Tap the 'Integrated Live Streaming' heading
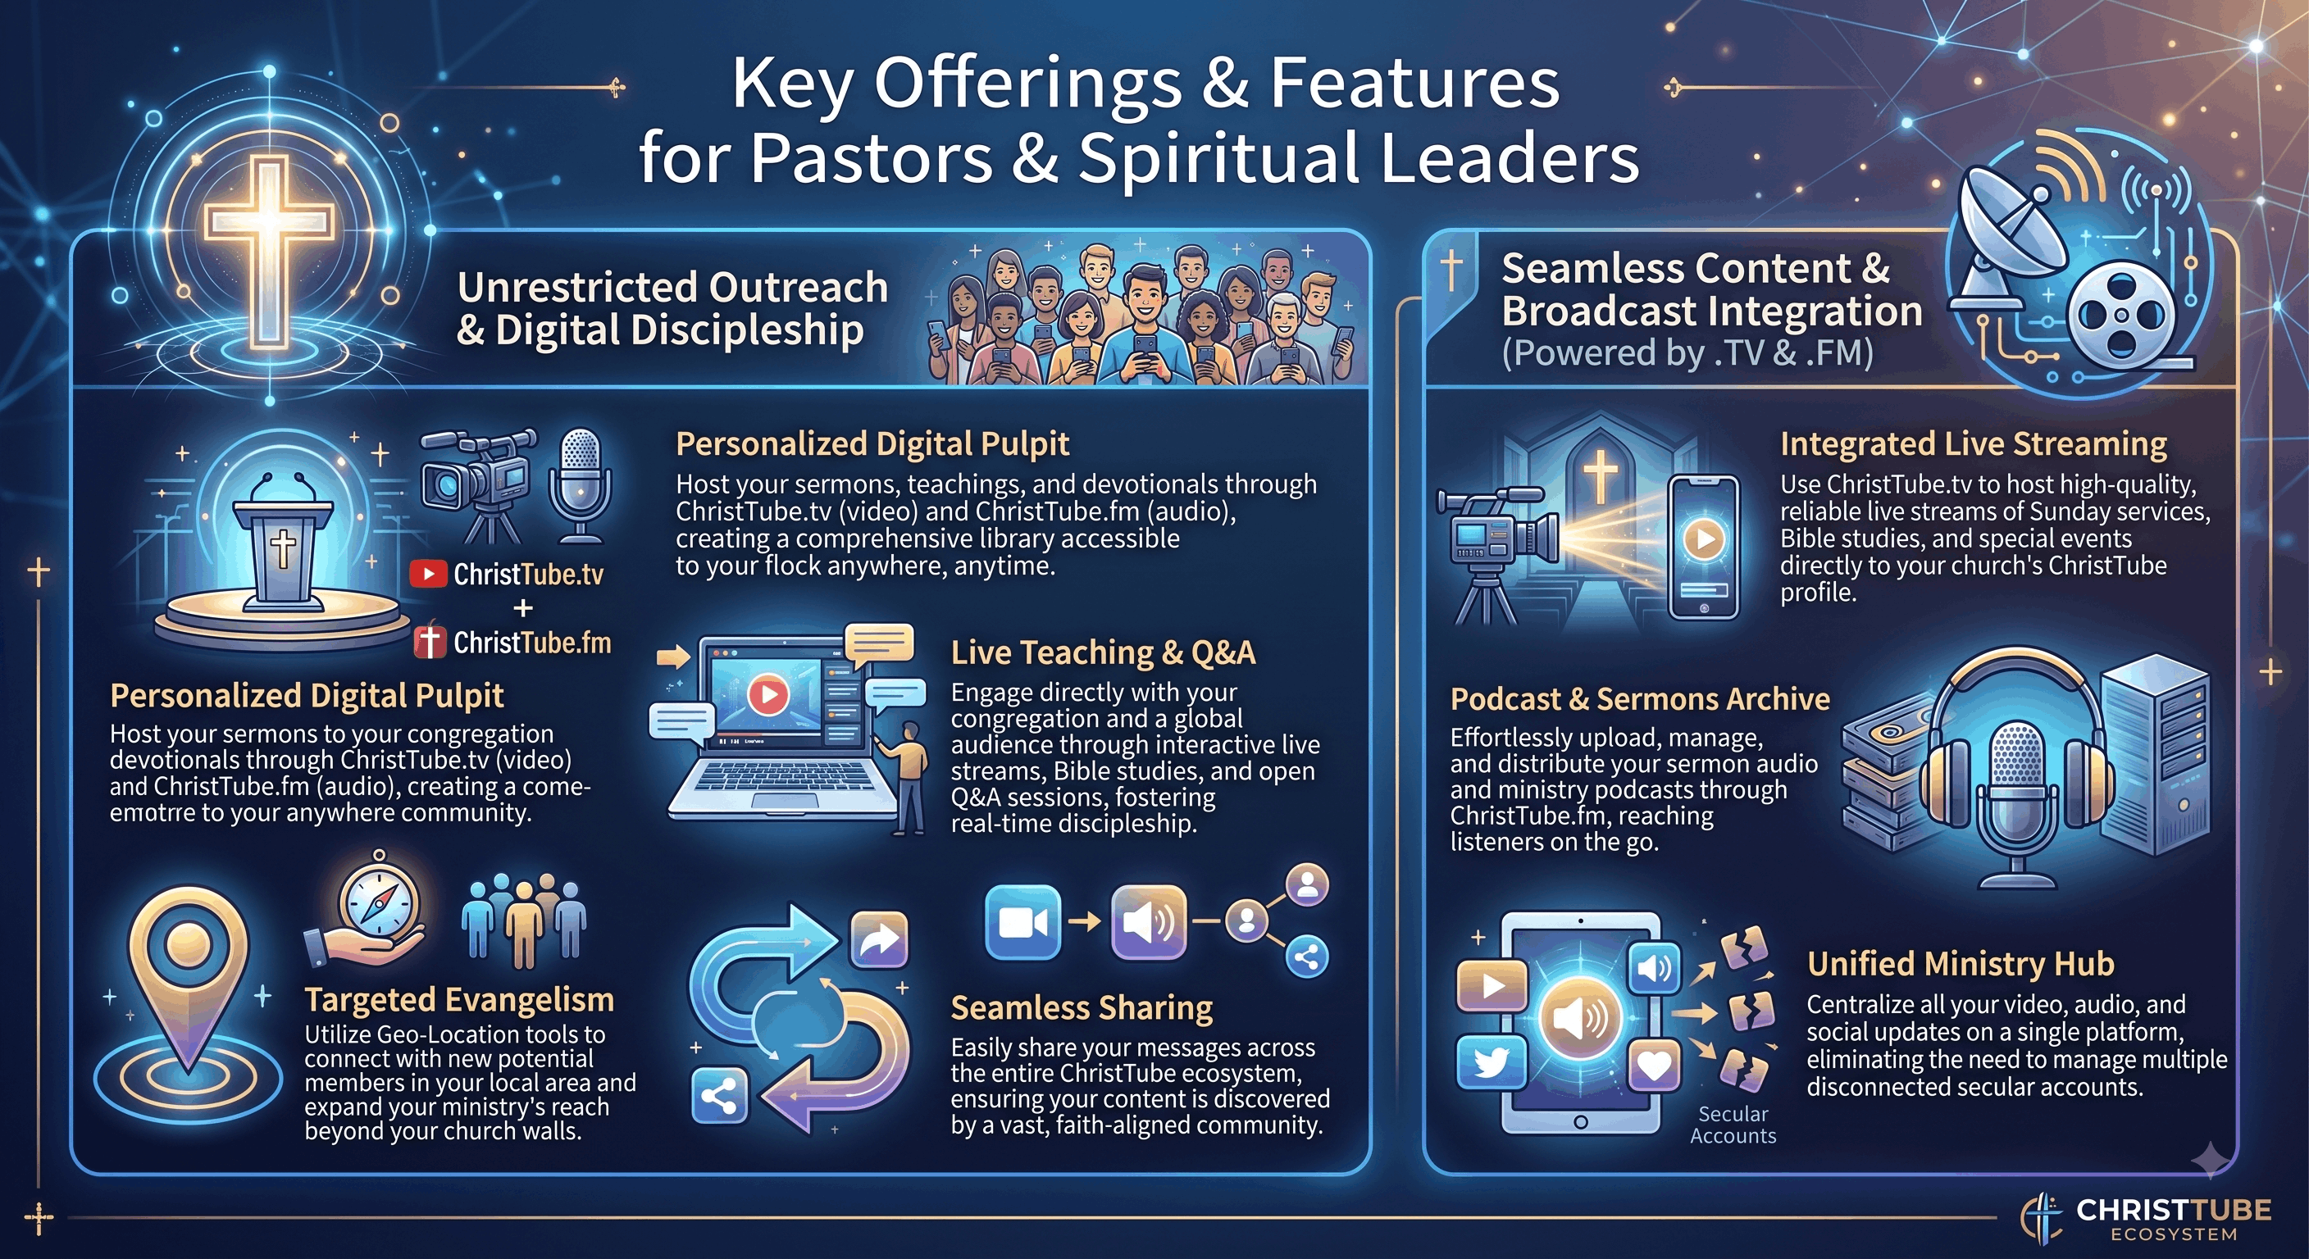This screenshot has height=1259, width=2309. (1973, 444)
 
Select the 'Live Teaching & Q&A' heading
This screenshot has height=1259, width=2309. (1103, 652)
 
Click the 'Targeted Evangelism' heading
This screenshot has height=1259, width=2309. (459, 999)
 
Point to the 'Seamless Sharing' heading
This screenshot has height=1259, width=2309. (1081, 1008)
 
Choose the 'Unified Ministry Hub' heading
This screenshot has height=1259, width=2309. (1961, 964)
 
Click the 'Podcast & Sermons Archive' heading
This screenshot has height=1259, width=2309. (1639, 699)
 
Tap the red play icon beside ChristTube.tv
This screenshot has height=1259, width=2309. (429, 575)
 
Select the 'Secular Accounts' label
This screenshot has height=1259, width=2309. (1733, 1125)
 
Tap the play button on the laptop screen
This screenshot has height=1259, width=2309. (768, 693)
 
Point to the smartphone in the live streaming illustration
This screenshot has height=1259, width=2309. (1703, 547)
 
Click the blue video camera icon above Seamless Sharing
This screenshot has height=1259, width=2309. (1022, 922)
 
